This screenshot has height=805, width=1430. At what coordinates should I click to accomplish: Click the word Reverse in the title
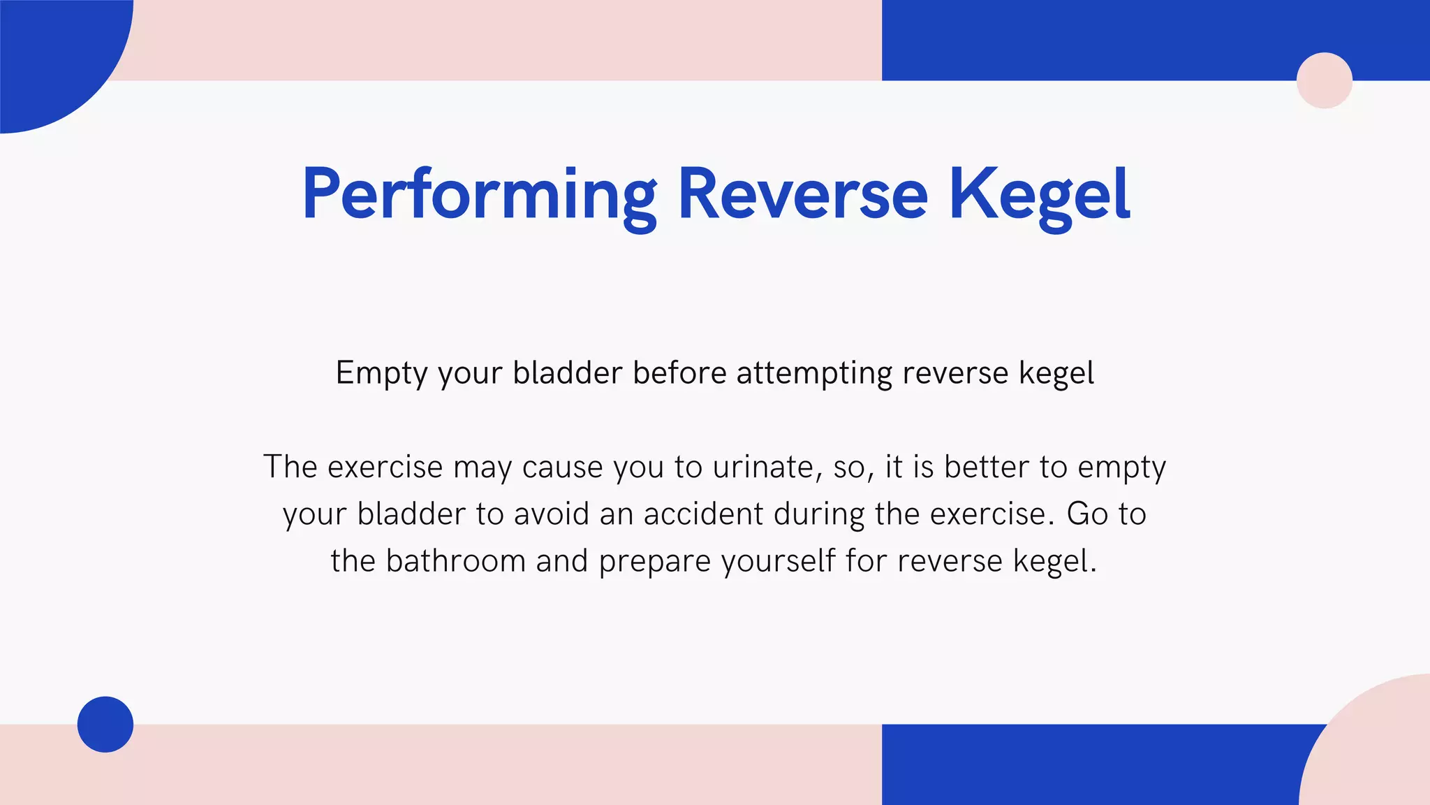(802, 196)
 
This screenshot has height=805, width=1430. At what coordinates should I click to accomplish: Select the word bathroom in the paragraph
(455, 561)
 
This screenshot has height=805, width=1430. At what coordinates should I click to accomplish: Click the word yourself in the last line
(778, 561)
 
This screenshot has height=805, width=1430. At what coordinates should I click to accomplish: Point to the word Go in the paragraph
(1087, 514)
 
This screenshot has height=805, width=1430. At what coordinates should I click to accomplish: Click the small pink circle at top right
(1324, 80)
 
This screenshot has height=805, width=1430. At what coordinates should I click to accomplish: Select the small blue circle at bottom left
(105, 724)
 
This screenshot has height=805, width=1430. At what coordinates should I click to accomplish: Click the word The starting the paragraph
(290, 467)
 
